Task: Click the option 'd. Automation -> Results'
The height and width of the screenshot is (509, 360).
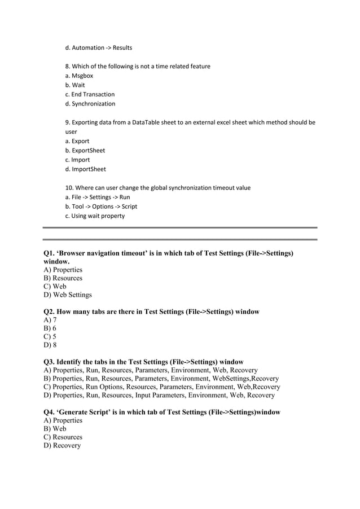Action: click(x=99, y=48)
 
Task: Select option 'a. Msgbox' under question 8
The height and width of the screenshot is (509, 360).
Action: click(x=80, y=76)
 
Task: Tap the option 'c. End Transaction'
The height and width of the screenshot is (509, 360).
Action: click(x=90, y=94)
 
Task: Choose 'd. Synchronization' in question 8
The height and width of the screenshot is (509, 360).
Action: click(x=90, y=104)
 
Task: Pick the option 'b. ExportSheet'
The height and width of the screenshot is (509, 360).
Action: click(x=85, y=151)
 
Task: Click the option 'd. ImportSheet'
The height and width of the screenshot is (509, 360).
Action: click(x=86, y=169)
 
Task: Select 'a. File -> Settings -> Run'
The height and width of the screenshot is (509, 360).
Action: click(x=98, y=198)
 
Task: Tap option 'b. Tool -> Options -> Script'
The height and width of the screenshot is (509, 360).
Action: click(x=102, y=207)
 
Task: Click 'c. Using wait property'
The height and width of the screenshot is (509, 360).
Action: click(x=95, y=216)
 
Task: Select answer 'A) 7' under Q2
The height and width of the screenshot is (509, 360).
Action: click(x=50, y=320)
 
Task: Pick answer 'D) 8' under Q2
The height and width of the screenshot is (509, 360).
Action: click(x=50, y=345)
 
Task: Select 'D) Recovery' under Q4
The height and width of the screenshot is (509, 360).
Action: click(x=62, y=446)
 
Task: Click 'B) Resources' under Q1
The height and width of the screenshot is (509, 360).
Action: click(x=63, y=278)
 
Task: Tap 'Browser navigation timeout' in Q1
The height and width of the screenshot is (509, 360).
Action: click(x=111, y=254)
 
